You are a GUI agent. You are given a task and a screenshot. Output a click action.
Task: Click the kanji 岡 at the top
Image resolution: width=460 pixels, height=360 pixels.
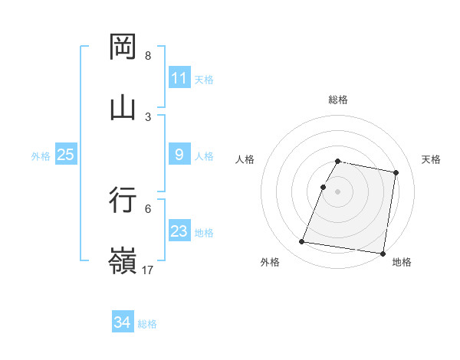tap(123, 47)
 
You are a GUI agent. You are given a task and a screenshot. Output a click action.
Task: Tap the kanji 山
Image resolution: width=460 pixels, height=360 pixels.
tap(123, 106)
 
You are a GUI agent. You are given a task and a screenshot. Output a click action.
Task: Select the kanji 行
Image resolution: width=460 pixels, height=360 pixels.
tap(123, 200)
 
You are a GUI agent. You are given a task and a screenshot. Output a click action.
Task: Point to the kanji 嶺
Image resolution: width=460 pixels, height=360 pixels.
tap(123, 260)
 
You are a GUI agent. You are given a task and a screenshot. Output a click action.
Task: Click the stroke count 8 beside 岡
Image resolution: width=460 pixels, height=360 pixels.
tap(148, 56)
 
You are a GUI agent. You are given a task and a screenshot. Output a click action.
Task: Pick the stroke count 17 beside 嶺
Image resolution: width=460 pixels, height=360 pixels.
tap(148, 270)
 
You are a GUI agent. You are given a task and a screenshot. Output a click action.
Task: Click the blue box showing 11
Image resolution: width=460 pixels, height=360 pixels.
tap(179, 78)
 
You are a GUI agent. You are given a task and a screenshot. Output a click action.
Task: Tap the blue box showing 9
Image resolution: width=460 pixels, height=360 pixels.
tap(179, 155)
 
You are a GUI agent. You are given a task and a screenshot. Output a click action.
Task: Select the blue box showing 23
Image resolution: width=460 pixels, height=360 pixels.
tap(179, 231)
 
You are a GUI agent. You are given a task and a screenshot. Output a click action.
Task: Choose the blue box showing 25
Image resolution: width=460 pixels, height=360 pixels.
tap(66, 155)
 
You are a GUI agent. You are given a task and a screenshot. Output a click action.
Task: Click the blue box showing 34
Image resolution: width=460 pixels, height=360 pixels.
tap(123, 323)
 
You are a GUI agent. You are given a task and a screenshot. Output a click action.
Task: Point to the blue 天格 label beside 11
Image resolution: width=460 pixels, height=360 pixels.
tap(204, 79)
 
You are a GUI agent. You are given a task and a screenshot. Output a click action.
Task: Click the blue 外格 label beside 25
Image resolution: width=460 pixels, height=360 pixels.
tap(41, 155)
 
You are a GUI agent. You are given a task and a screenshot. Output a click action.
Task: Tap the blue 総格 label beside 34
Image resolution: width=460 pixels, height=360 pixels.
tap(147, 324)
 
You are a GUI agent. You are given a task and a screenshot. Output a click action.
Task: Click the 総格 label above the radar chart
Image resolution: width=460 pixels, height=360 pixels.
tap(338, 100)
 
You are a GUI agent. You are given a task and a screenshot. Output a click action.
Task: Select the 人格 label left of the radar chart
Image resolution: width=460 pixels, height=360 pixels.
tap(245, 159)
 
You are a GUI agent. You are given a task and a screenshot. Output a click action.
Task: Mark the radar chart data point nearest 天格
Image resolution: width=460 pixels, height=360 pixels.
tap(396, 173)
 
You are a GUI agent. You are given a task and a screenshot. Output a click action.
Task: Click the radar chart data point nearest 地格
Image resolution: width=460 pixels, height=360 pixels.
tap(382, 253)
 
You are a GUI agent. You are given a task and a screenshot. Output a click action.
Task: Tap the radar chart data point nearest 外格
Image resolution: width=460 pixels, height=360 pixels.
tap(302, 242)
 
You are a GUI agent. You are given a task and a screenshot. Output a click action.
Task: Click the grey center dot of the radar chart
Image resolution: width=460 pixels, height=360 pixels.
tap(338, 191)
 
